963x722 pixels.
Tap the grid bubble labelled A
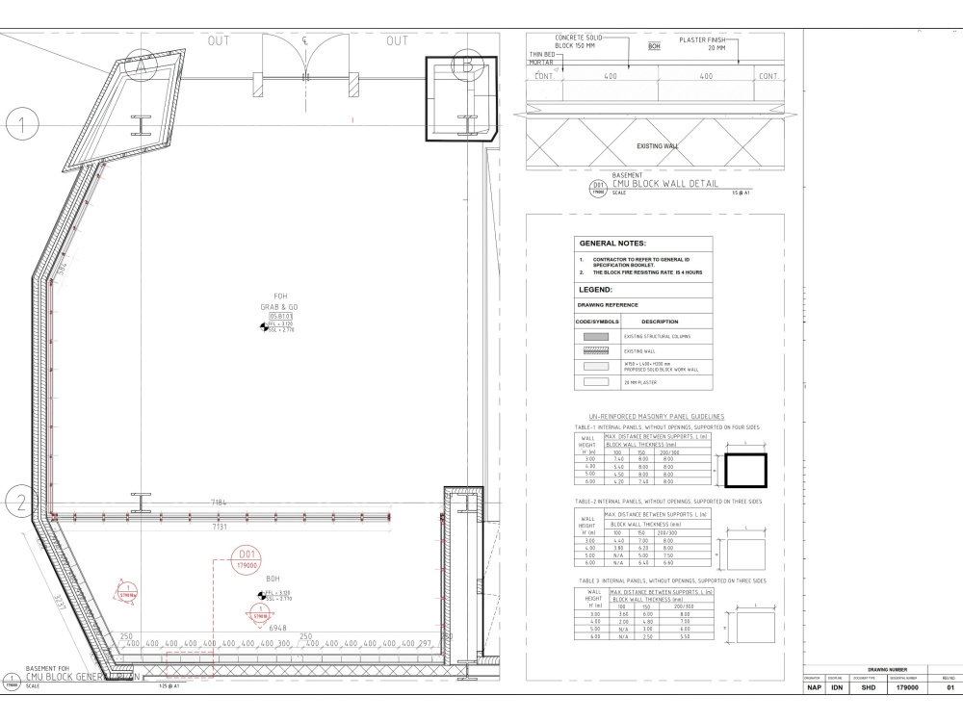click(141, 65)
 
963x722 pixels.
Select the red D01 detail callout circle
click(247, 560)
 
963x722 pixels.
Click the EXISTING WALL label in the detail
click(657, 146)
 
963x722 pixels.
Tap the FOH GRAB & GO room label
click(282, 303)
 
